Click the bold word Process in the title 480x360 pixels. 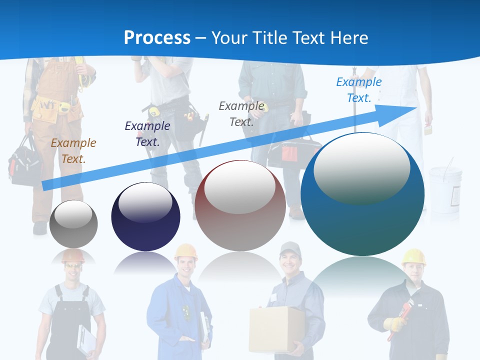(157, 38)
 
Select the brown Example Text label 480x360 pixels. (73, 151)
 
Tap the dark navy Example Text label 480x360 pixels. (147, 134)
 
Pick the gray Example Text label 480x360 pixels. (241, 114)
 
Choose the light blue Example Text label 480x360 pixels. (358, 90)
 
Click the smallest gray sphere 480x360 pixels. (73, 223)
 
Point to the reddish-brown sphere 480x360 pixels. (240, 205)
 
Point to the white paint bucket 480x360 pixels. (445, 187)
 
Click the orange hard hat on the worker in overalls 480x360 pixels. (73, 255)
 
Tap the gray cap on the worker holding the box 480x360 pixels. (290, 247)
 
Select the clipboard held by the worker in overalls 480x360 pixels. (86, 340)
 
